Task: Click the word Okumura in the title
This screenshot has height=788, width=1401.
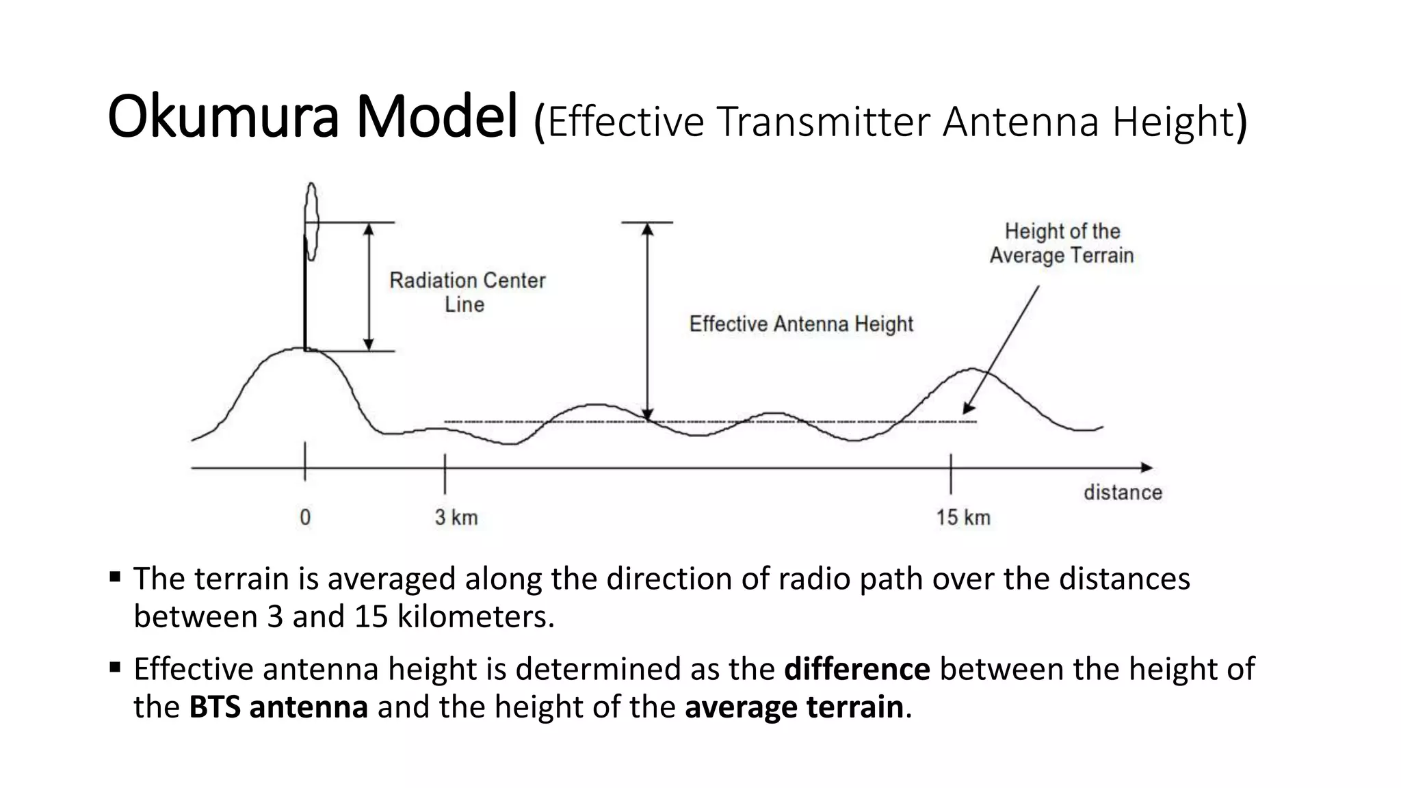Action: pos(223,118)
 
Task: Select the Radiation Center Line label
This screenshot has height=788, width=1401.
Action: pos(467,292)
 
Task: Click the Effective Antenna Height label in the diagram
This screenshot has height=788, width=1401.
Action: pos(800,324)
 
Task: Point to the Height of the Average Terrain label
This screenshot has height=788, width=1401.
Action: pos(1062,244)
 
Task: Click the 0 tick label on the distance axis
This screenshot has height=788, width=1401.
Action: pos(305,517)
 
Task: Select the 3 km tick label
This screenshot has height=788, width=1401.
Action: pos(456,517)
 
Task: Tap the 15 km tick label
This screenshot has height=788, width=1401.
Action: pos(963,517)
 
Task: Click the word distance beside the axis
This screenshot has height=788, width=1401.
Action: pos(1123,492)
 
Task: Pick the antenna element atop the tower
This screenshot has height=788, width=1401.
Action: pos(312,220)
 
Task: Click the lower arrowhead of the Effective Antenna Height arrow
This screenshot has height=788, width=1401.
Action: pos(647,414)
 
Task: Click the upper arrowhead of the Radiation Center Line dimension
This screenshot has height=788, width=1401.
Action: pos(369,229)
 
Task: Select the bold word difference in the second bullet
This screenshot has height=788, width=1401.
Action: pos(856,669)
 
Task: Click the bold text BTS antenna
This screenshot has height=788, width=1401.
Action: pos(278,707)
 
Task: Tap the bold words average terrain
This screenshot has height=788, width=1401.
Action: pos(794,707)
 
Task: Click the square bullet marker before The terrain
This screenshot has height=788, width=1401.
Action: pos(115,577)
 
